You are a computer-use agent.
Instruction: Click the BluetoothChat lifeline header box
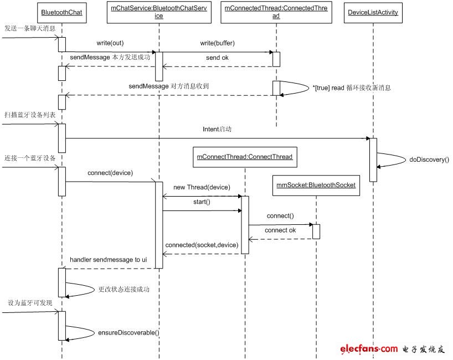click(x=61, y=13)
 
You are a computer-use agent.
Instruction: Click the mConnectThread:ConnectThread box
click(x=245, y=157)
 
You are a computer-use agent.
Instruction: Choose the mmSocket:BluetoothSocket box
click(x=316, y=186)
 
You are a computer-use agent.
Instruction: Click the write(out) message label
click(x=110, y=42)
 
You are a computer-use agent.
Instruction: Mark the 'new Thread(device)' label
click(x=202, y=187)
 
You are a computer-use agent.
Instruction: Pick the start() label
click(x=202, y=202)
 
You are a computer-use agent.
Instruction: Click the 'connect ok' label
click(x=280, y=230)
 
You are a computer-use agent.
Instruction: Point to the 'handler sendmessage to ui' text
click(x=109, y=259)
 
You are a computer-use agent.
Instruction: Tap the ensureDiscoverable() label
click(x=128, y=332)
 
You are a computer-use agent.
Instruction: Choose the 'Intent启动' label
click(x=216, y=128)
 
